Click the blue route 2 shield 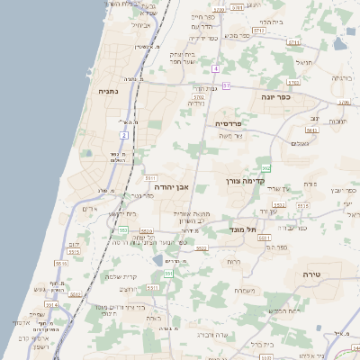click(x=123, y=135)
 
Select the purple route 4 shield click(x=216, y=68)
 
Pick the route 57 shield click(x=227, y=85)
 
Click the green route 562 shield click(x=265, y=168)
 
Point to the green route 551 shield click(x=168, y=273)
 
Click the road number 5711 click(x=293, y=42)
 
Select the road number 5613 click(x=312, y=130)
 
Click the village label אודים click(x=89, y=209)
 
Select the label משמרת click(x=244, y=290)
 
